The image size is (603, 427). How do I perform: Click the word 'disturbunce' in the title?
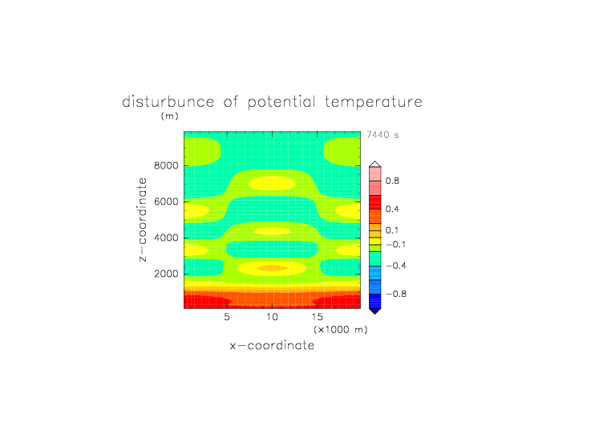(x=168, y=102)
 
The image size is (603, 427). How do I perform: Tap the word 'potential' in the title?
(x=281, y=102)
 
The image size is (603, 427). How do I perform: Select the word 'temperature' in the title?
(x=374, y=103)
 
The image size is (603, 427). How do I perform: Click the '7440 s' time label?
(x=382, y=135)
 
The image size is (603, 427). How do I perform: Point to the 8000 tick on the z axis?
(x=166, y=165)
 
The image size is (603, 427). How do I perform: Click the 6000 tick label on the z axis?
(x=166, y=201)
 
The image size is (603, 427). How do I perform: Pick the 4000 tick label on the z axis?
(x=166, y=238)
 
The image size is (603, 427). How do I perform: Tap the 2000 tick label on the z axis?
(x=166, y=274)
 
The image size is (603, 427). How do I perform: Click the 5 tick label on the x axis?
(x=227, y=317)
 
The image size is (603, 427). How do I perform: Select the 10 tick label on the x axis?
(x=272, y=317)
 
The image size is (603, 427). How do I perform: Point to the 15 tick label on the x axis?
(x=318, y=317)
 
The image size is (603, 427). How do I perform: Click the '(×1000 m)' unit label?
(x=341, y=330)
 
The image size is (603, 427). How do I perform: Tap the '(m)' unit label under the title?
(x=170, y=116)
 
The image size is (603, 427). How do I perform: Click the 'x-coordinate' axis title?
(x=273, y=345)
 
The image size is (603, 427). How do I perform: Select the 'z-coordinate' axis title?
(x=142, y=220)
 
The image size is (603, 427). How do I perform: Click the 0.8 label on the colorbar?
(x=392, y=181)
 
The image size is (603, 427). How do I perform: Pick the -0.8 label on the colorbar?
(x=396, y=294)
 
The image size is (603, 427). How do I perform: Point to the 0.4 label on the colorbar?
(x=392, y=209)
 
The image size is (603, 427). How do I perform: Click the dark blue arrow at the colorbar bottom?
(x=375, y=311)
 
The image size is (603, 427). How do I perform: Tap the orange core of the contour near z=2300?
(x=272, y=268)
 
